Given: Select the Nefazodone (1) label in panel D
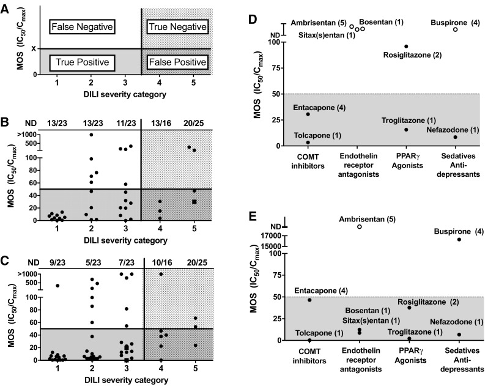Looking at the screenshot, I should (x=448, y=129).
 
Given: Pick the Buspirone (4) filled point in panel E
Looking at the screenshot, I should (x=459, y=239).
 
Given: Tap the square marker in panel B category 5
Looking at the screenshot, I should (x=194, y=201).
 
